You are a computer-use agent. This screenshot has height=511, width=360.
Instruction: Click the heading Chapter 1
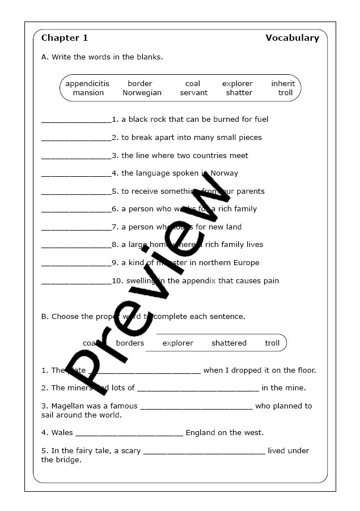pos(65,38)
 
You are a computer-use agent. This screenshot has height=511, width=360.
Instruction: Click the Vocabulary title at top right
pos(292,38)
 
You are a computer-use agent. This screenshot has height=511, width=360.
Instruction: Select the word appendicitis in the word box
pos(87,84)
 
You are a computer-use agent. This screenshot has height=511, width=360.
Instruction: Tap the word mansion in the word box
pos(88,93)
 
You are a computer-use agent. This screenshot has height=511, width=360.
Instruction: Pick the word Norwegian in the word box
pos(142,93)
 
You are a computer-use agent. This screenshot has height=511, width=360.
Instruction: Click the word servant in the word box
pos(194,93)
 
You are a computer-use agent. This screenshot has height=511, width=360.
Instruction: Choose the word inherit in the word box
pos(283,84)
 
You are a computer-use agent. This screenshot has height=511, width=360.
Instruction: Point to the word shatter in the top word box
pos(239,93)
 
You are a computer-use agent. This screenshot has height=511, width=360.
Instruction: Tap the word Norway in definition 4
pos(225,173)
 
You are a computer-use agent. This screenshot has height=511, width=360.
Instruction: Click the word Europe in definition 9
pos(245,263)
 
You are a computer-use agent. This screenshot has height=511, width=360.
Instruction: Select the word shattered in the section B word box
pos(229,343)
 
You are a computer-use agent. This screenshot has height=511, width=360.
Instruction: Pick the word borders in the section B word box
pos(130,343)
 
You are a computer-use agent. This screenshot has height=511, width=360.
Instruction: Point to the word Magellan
pos(68,406)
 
